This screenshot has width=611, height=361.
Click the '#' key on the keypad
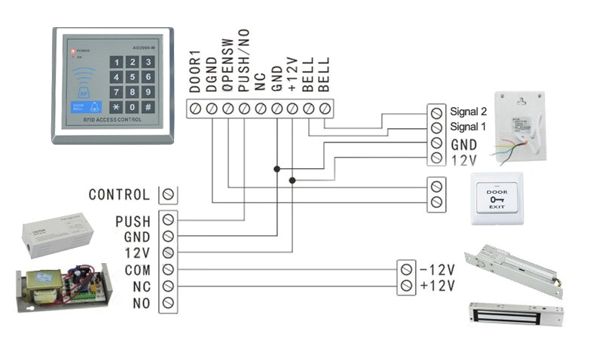click(148, 107)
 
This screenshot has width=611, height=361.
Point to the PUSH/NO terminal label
click(243, 69)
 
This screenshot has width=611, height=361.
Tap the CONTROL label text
click(119, 194)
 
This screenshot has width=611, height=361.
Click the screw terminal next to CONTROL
click(169, 194)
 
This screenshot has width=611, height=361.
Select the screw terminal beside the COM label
click(169, 269)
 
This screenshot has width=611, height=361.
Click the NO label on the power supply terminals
click(141, 303)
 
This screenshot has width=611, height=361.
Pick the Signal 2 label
click(469, 111)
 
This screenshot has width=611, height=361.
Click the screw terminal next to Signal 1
click(435, 126)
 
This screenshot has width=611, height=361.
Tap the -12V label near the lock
click(438, 269)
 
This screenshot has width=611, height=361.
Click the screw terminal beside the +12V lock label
click(407, 286)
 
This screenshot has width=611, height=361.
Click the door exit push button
click(496, 198)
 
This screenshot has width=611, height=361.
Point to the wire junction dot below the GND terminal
click(276, 169)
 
